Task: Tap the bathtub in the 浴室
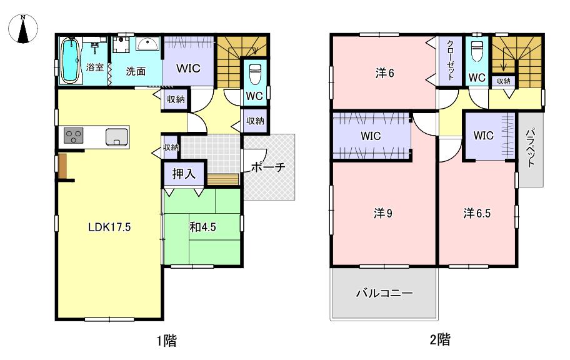click(69, 61)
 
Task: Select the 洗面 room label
click(136, 71)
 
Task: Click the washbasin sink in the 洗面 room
click(147, 44)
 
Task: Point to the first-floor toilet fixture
click(255, 74)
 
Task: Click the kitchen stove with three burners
click(73, 136)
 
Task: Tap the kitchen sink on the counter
click(117, 137)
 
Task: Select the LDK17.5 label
click(109, 227)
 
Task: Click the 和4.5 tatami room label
click(202, 227)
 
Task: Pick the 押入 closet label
click(184, 174)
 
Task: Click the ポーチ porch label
click(268, 167)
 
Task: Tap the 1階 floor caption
click(167, 341)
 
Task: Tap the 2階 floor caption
click(440, 339)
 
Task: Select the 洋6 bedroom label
click(384, 74)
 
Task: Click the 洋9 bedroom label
click(382, 214)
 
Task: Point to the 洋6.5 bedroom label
click(477, 214)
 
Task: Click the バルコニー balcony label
click(384, 293)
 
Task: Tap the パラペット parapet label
click(531, 147)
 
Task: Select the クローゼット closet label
click(451, 59)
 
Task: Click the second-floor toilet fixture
click(476, 51)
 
